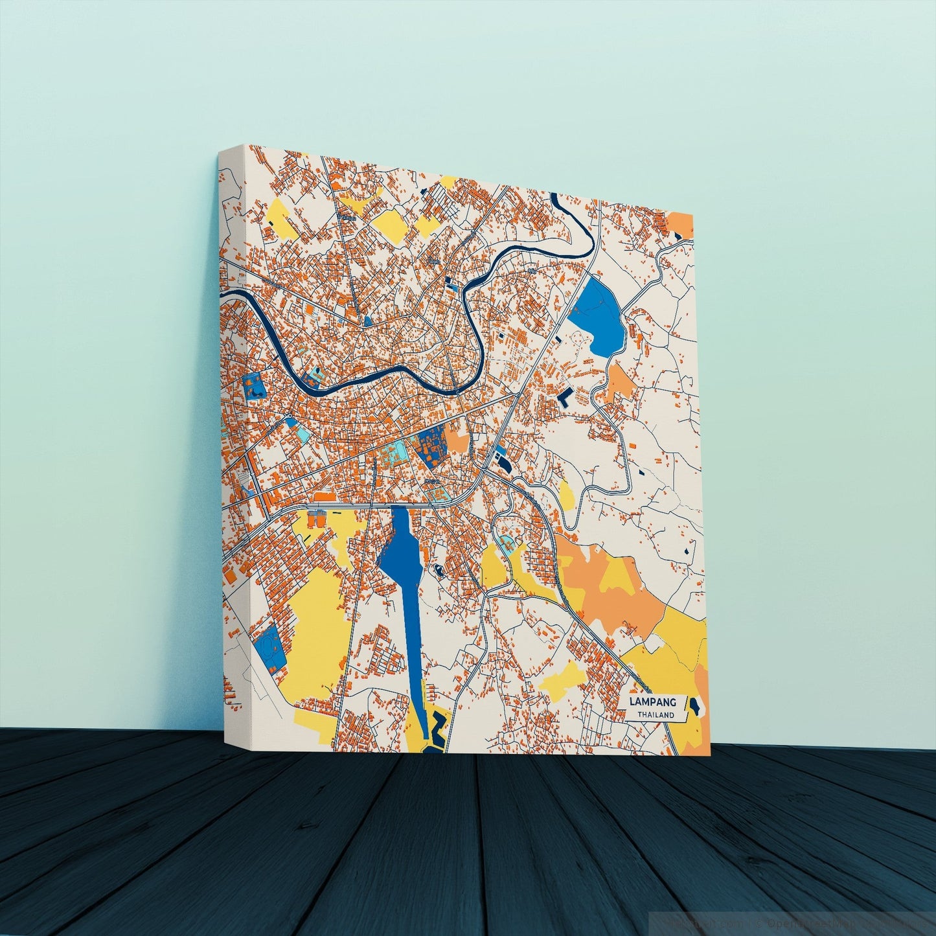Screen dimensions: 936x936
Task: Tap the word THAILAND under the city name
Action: pyautogui.click(x=655, y=715)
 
